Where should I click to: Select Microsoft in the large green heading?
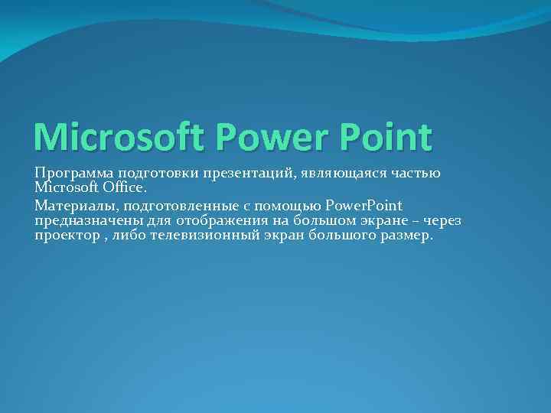click(119, 137)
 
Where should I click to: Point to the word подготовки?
click(158, 174)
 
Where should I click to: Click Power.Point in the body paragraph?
click(364, 206)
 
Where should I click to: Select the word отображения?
click(216, 221)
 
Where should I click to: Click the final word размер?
click(406, 236)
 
